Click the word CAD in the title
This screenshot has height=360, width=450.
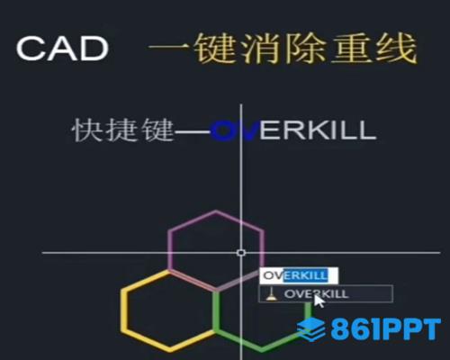click(62, 49)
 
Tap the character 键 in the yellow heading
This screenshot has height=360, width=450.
click(213, 48)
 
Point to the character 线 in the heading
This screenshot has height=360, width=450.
click(396, 48)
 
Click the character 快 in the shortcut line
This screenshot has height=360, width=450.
click(86, 130)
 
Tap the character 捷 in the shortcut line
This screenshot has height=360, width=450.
click(122, 130)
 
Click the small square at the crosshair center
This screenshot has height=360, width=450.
click(241, 253)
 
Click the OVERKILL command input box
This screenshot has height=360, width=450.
click(299, 275)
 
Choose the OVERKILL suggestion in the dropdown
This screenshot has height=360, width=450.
click(326, 293)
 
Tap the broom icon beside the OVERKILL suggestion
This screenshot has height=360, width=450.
click(271, 294)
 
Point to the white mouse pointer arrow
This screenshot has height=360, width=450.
click(319, 301)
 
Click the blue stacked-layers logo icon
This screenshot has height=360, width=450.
click(311, 329)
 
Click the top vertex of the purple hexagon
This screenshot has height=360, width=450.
click(216, 211)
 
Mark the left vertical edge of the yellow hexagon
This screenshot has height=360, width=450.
click(124, 310)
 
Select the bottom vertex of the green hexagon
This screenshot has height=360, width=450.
click(262, 349)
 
